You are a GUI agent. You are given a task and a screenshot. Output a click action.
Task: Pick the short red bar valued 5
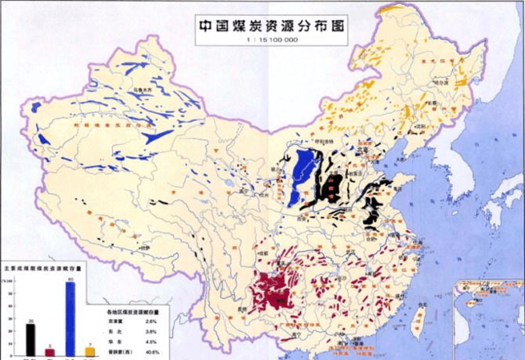50,352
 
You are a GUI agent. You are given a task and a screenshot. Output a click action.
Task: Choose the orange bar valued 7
89,351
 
